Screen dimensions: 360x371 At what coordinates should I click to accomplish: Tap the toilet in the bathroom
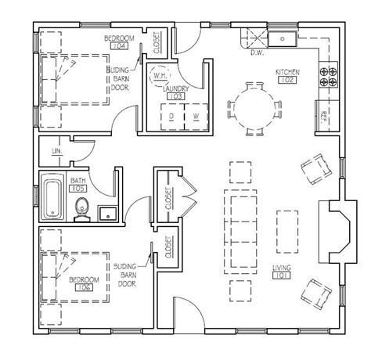click(83, 207)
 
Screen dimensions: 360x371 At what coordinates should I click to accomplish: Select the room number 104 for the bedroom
click(119, 45)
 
